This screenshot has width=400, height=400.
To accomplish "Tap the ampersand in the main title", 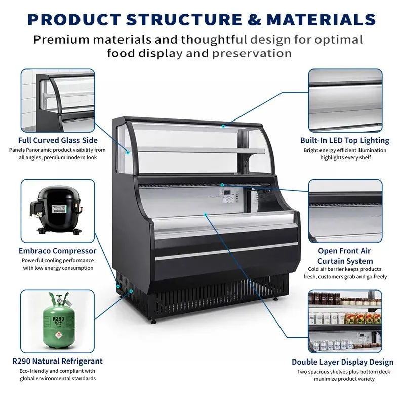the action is (254, 20).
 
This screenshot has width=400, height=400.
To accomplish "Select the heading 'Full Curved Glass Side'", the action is (58, 140).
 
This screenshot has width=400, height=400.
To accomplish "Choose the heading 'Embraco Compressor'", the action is (58, 251).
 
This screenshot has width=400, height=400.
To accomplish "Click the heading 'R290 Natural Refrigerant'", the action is (57, 361).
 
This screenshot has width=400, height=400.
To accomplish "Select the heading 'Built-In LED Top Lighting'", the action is (345, 141).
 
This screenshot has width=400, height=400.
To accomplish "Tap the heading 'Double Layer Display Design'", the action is (343, 362).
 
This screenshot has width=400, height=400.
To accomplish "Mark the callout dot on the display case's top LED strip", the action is (223, 126).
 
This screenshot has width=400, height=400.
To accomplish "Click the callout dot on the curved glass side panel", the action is (128, 153).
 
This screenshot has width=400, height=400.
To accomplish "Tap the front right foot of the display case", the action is (276, 298).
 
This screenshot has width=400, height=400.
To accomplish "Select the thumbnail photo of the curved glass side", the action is (58, 100).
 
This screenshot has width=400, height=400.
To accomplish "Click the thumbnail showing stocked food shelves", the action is (345, 321).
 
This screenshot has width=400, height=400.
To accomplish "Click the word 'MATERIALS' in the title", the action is (322, 20).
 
